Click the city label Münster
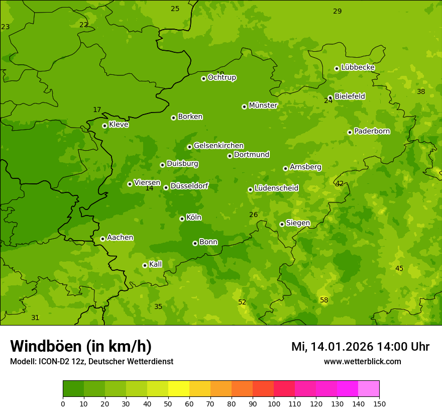pos(263,106)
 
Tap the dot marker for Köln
pos(182,219)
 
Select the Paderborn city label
pos(372,131)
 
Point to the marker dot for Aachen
pos(102,239)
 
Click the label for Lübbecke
pos(358,67)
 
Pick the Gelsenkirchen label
pos(218,146)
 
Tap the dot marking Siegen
pos(282,224)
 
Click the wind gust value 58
pos(324,300)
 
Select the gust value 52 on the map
pos(242,302)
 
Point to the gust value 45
pos(399,268)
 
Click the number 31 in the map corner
pos(35,318)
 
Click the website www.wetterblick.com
pos(362,361)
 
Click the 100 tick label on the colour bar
pos(274,403)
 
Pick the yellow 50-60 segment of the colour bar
pos(179,388)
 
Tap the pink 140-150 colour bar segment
pos(369,388)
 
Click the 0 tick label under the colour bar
pos(63,403)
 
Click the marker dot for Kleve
pos(104,126)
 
